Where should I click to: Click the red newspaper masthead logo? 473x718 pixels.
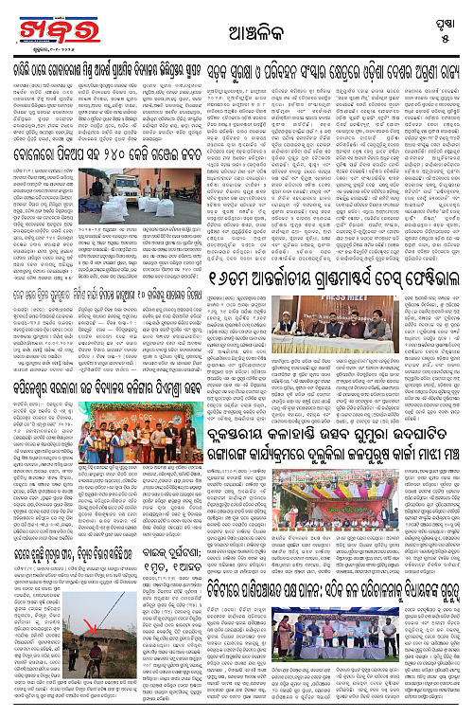pyautogui.click(x=36, y=22)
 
